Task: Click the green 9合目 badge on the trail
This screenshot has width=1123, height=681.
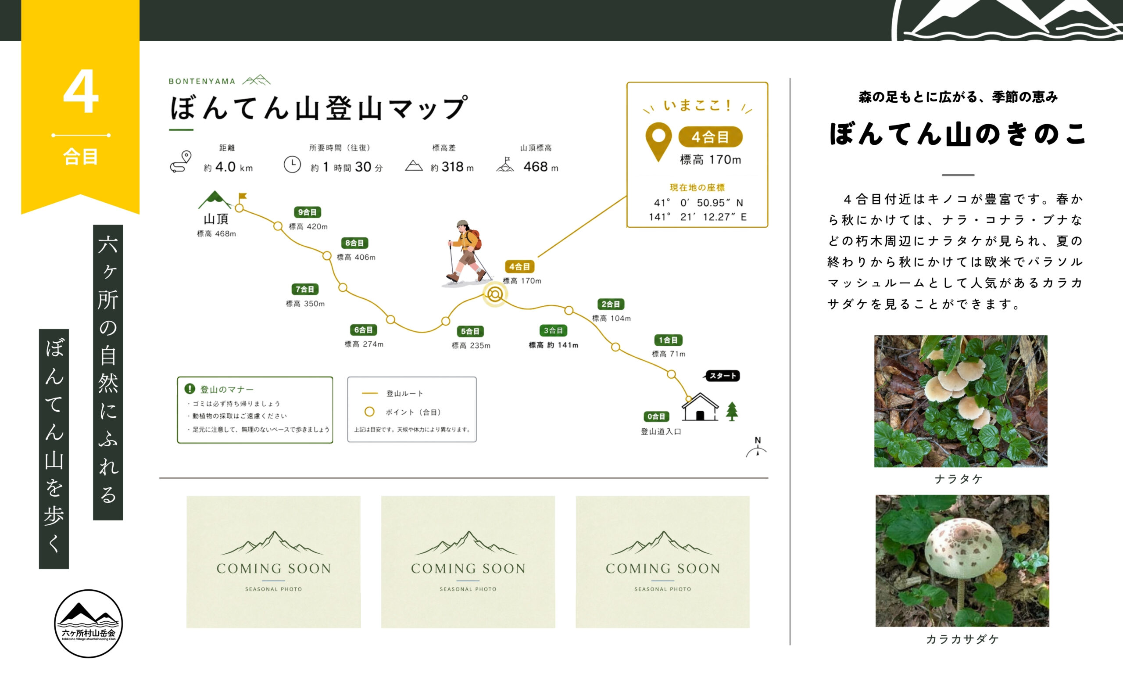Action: pyautogui.click(x=307, y=212)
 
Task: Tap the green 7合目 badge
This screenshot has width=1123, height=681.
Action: pyautogui.click(x=305, y=289)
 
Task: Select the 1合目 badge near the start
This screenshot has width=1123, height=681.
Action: pyautogui.click(x=668, y=340)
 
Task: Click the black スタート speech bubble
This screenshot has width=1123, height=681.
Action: pyautogui.click(x=722, y=376)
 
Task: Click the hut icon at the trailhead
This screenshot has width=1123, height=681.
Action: pyautogui.click(x=700, y=407)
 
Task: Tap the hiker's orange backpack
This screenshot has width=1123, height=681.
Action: pyautogui.click(x=476, y=239)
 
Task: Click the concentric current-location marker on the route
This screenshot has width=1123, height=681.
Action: pyautogui.click(x=495, y=294)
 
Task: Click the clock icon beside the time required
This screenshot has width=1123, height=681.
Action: pyautogui.click(x=292, y=164)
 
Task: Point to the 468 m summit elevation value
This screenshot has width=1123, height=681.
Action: pyautogui.click(x=540, y=167)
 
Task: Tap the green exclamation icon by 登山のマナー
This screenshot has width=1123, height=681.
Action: pyautogui.click(x=190, y=389)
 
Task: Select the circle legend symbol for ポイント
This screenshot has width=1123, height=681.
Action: pyautogui.click(x=369, y=412)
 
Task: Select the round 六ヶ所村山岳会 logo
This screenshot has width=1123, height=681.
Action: pyautogui.click(x=89, y=624)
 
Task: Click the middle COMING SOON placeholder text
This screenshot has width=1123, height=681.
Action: pyautogui.click(x=468, y=568)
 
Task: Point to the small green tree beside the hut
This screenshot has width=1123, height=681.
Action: pyautogui.click(x=732, y=411)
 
